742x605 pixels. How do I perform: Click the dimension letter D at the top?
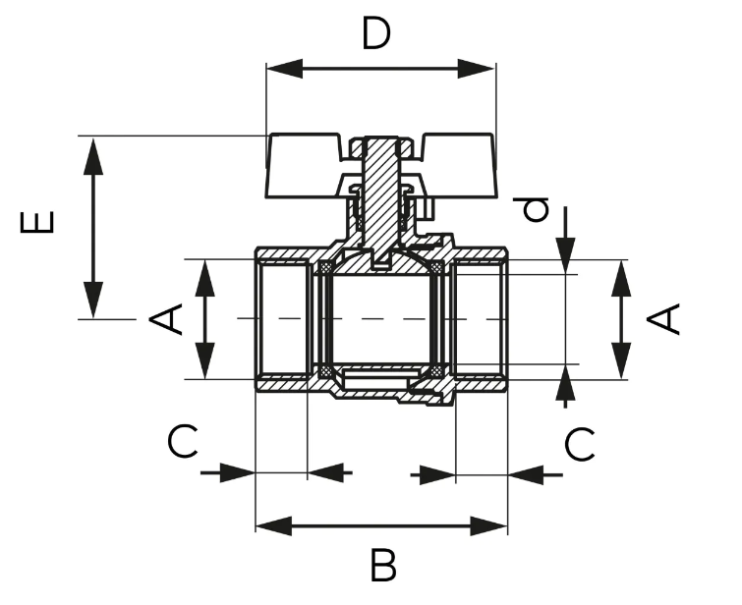pos(376,32)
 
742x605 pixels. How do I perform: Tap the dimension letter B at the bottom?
pos(383,565)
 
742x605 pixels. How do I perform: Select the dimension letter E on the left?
pos(37,222)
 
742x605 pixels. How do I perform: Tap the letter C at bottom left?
pos(183,442)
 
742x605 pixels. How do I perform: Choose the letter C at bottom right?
pos(580,444)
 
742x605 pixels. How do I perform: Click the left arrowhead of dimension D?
pos(284,69)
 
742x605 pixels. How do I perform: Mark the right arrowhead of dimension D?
pos(477,69)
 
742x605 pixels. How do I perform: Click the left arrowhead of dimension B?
pos(274,526)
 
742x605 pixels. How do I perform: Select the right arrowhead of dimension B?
pos(488,526)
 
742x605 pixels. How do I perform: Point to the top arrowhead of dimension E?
pos(93,156)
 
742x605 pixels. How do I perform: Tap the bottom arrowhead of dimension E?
pos(93,300)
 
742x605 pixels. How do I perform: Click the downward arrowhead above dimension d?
pos(566,256)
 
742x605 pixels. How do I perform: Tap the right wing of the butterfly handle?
pos(457,166)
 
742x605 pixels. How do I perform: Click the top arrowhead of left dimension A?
pos(205,278)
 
